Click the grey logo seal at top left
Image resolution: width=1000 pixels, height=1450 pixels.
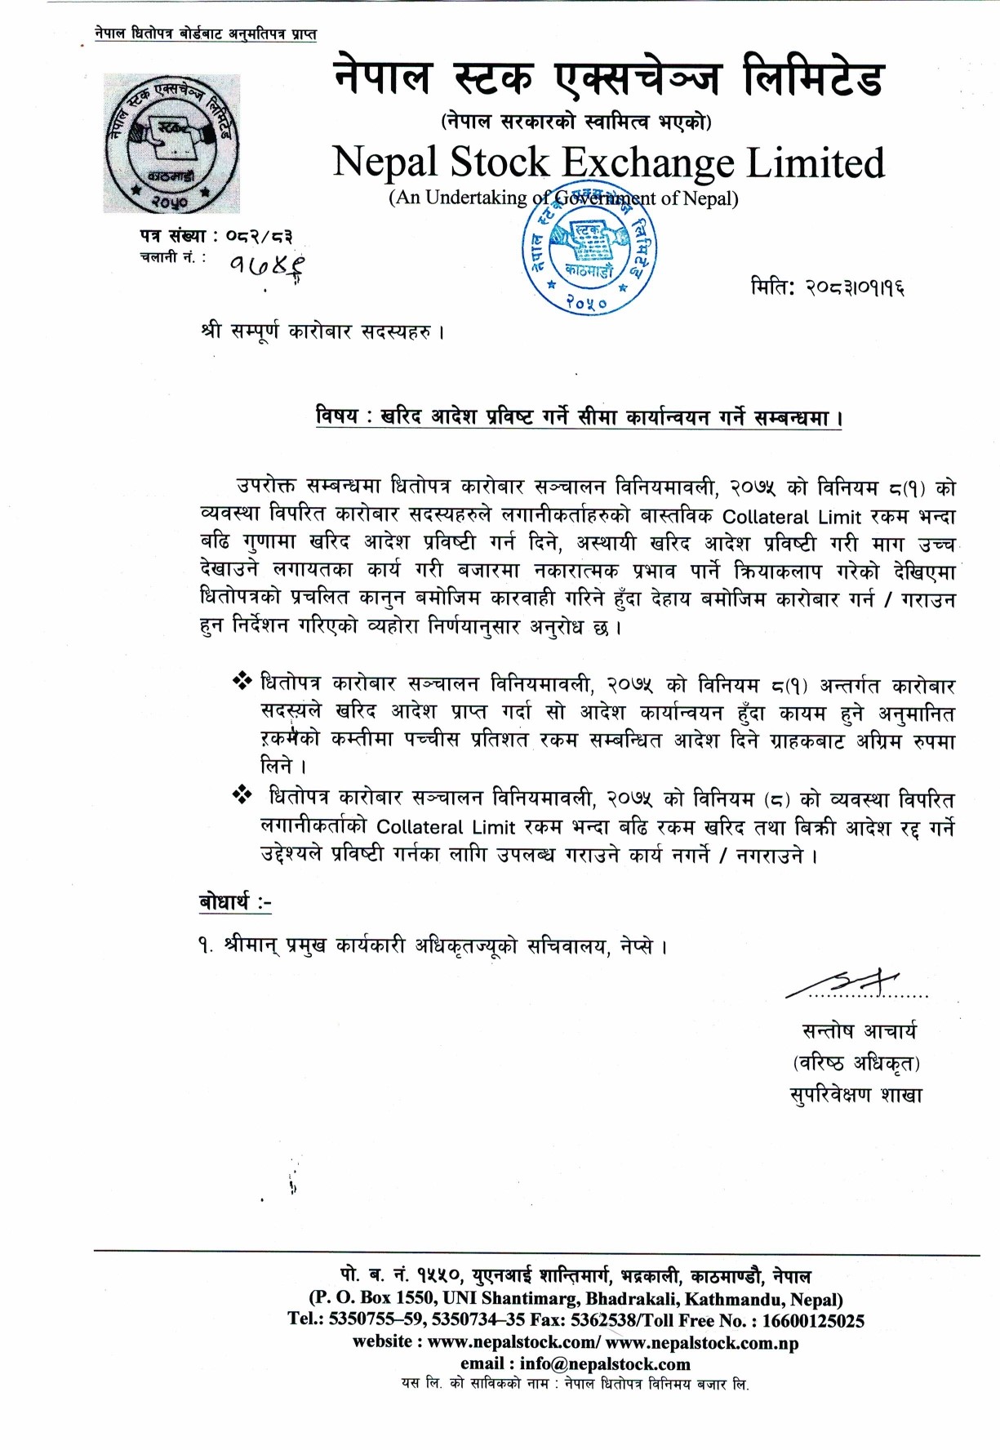point(171,144)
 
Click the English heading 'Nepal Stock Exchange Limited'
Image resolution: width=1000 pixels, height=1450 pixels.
point(608,162)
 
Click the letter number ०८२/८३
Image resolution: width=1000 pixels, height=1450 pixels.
point(259,237)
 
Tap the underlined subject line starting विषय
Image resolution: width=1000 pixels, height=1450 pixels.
point(579,417)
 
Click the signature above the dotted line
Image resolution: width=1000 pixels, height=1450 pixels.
point(845,983)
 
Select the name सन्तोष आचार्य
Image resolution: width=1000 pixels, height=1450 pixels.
point(859,1031)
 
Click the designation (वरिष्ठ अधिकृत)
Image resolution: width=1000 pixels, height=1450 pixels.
point(856,1063)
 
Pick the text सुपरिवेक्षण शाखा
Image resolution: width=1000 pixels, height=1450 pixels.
point(856,1095)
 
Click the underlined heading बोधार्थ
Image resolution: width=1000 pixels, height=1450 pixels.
point(235,902)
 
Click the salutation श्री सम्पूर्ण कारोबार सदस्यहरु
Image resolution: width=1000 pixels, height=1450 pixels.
point(322,332)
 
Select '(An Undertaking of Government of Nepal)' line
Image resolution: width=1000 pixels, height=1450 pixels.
point(563,198)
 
